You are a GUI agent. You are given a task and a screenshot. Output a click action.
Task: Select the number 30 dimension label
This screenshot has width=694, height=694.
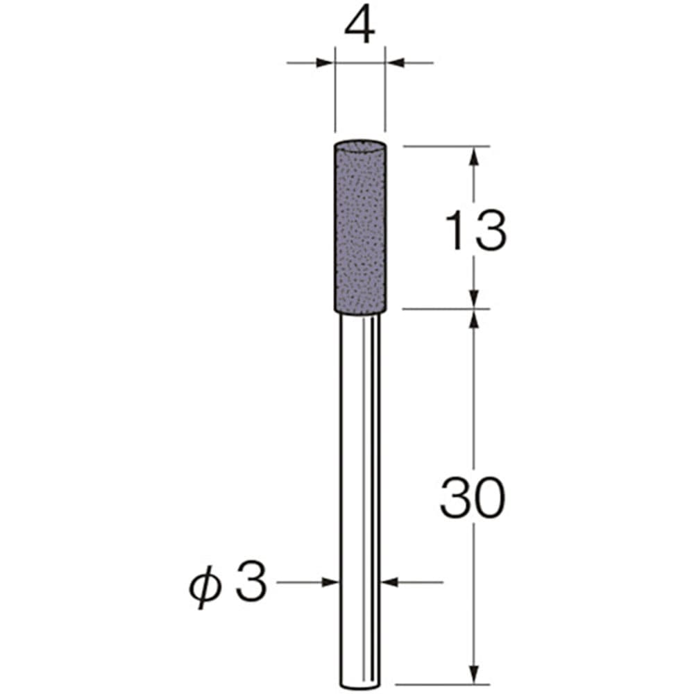point(471,499)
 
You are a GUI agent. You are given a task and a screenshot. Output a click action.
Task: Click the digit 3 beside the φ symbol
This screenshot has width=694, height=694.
point(250,582)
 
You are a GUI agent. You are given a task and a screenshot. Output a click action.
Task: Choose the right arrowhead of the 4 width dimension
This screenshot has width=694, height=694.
point(394,63)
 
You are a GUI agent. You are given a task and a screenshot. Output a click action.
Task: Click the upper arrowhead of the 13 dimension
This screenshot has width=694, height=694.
point(475,155)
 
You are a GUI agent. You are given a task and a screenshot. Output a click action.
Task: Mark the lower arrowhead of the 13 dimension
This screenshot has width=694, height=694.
point(475,299)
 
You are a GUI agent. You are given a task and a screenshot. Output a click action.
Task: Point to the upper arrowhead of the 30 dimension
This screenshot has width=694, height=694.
point(475,318)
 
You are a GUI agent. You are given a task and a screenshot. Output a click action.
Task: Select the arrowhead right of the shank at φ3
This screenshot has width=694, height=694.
point(390,582)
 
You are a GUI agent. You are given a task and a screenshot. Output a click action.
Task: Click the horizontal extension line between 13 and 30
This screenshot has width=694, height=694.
point(444,308)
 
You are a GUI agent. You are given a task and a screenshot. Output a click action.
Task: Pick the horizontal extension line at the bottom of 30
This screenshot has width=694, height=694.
point(444,684)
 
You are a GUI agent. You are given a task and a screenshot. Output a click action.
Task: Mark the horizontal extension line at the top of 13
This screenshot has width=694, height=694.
point(444,146)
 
